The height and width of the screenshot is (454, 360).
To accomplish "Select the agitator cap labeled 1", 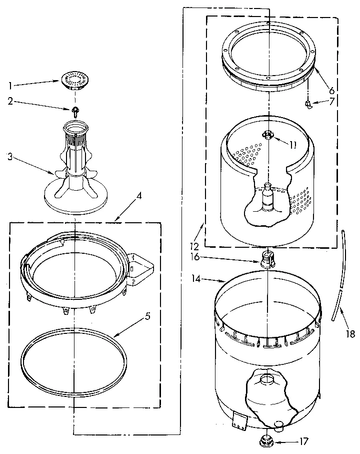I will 74,79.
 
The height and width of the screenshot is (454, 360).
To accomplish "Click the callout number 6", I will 331,91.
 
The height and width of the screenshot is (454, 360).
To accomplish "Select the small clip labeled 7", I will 308,104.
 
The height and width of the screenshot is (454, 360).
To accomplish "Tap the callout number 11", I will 293,145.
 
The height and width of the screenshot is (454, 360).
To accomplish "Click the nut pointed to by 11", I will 268,134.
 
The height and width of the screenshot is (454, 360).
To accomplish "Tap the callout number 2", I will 10,102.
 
